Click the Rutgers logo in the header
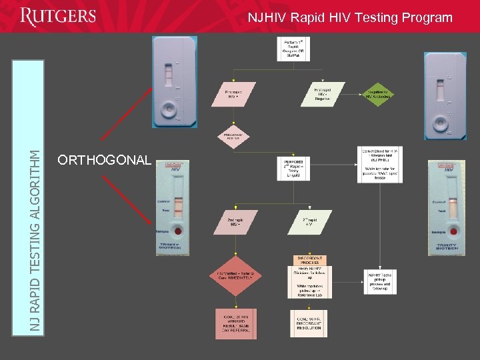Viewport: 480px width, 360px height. click(58, 17)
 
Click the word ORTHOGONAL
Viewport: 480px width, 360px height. click(105, 160)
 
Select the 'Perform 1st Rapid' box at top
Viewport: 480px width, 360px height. click(293, 48)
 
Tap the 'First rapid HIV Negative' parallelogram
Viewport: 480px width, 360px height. click(323, 94)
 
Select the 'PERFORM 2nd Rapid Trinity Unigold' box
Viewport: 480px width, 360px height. click(293, 167)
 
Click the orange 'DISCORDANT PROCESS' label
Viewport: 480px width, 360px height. click(309, 259)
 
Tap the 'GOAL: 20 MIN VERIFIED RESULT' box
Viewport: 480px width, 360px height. click(235, 323)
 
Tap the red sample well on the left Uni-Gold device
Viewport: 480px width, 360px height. click(178, 231)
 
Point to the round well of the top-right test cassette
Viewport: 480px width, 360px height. click(441, 125)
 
